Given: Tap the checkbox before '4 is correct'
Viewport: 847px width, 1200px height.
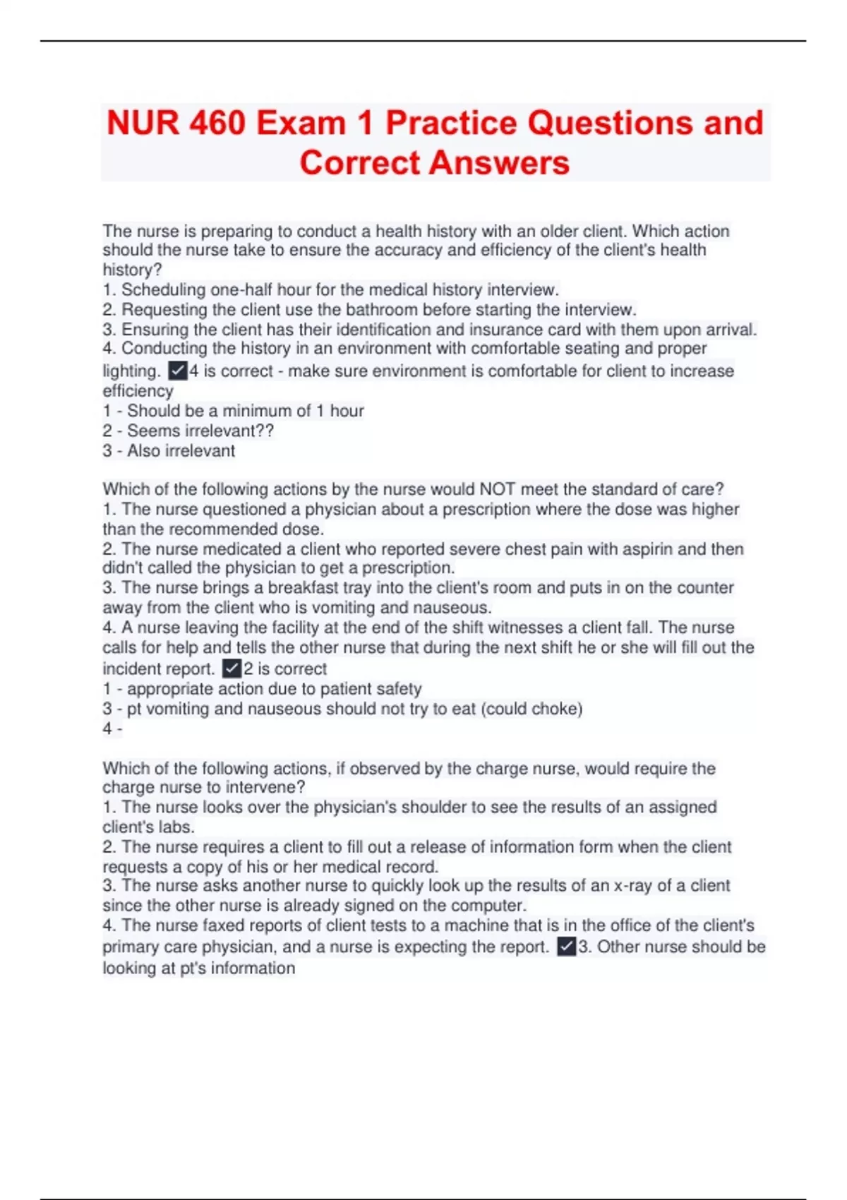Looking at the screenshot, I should (x=177, y=371).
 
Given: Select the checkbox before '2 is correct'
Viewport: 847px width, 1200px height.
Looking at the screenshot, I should (x=232, y=668).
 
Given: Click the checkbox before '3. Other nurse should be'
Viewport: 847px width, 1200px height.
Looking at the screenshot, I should (x=566, y=947).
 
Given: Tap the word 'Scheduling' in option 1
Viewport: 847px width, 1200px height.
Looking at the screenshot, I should (x=163, y=289).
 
